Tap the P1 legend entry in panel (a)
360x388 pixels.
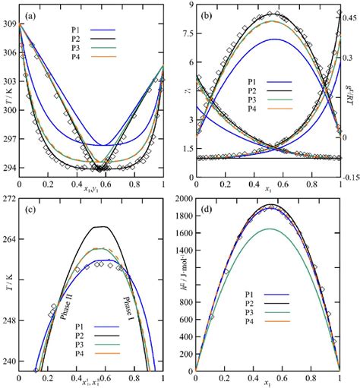67,32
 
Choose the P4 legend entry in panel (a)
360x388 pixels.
67,62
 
